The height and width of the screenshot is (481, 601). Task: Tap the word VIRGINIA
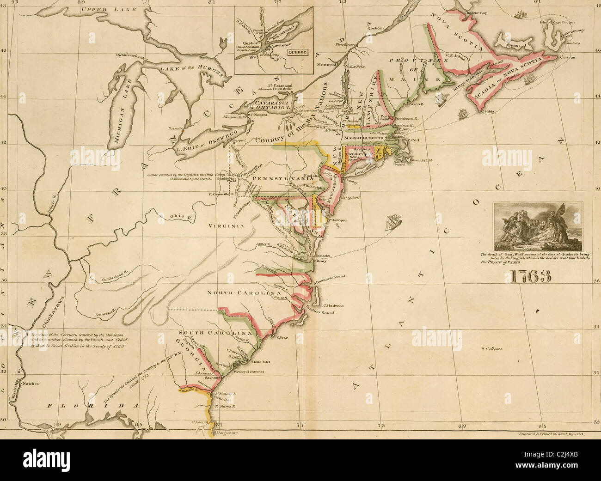[226, 226]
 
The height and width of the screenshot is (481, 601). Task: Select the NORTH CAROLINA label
[244, 293]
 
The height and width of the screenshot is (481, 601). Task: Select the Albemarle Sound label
[329, 276]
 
